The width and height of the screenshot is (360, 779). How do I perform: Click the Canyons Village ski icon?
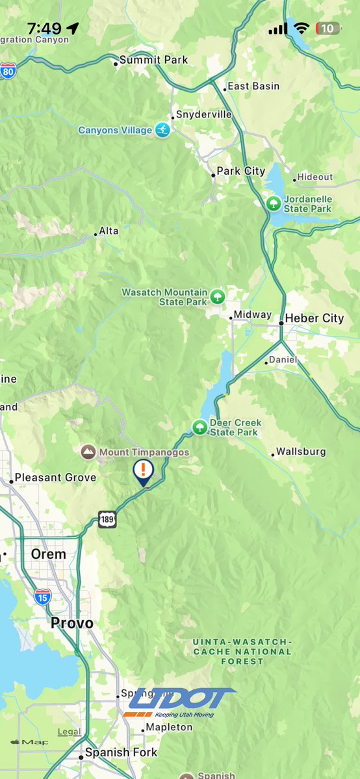coord(162,131)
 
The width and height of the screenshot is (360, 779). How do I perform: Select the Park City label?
coord(240,171)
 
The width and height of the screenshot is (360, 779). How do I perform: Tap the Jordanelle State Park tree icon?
coord(274,203)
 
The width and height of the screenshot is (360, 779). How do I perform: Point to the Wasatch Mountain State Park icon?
coord(218,298)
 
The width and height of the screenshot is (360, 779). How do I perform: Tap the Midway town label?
coord(252,314)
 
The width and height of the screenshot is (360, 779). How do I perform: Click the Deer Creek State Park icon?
coord(199,428)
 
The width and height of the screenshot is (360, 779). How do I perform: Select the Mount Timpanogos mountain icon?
coord(87,452)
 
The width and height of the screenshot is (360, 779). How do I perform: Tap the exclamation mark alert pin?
coord(143,472)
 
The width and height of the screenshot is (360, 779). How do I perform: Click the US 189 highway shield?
coord(108,519)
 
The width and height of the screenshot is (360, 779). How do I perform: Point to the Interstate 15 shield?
coord(43,597)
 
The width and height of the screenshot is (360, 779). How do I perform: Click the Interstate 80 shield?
coord(8,71)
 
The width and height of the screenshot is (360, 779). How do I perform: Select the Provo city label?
coord(72,624)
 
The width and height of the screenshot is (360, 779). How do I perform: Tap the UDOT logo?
coord(181,702)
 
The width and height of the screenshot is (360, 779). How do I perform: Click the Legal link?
coord(70,732)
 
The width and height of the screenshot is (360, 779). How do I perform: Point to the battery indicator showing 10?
coord(328,29)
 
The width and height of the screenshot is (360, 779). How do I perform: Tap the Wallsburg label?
coord(301,452)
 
